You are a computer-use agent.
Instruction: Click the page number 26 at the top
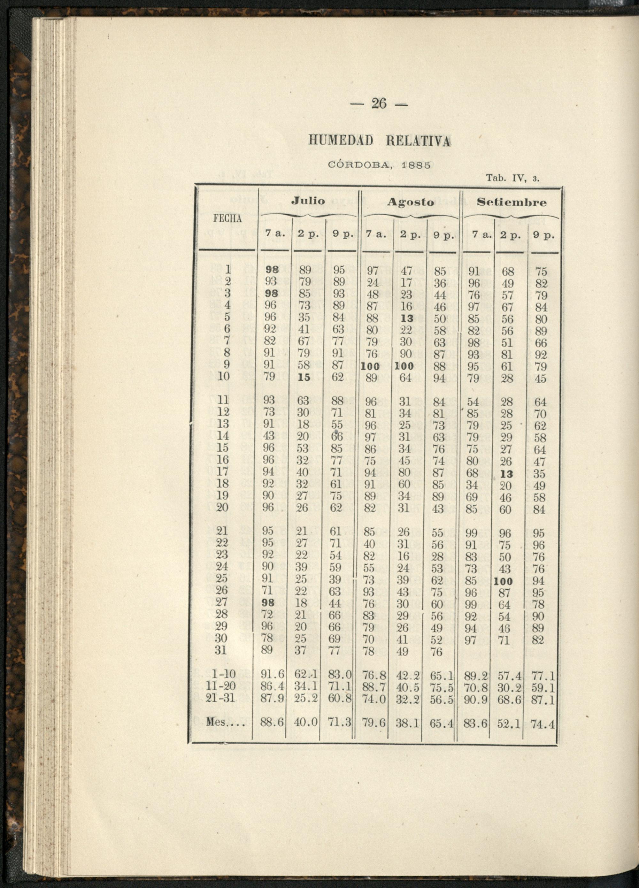pos(378,104)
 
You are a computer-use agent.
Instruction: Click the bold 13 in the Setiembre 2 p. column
pos(507,474)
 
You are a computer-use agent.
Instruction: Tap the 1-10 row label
pos(222,674)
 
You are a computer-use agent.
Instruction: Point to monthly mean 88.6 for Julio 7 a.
pos(272,723)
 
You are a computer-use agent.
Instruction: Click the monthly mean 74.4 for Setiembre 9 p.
pos(543,725)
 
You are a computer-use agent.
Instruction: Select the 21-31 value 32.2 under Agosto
pos(407,698)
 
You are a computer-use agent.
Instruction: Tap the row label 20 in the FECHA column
pos(222,508)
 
